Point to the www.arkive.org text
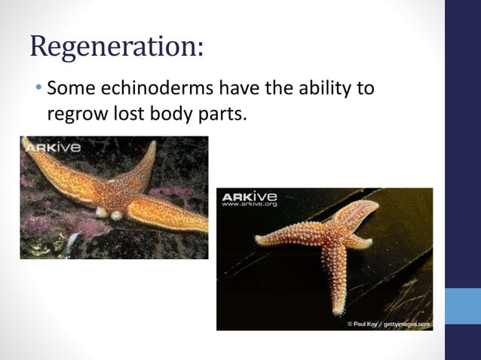click(250, 204)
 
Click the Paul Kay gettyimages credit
click(388, 323)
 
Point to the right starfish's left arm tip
click(259, 239)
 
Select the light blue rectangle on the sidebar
click(462, 305)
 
